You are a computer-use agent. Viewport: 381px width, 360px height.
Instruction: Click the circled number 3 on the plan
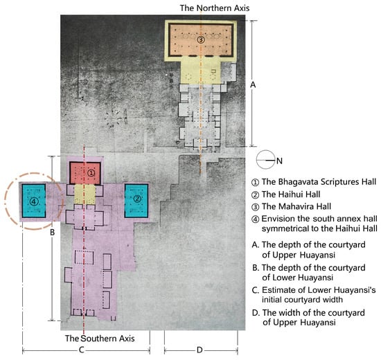click(201, 39)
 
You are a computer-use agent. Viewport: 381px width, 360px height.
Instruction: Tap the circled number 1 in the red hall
click(91, 173)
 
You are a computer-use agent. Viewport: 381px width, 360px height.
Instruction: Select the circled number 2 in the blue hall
click(137, 199)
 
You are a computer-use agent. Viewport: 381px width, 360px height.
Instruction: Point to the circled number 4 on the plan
click(34, 201)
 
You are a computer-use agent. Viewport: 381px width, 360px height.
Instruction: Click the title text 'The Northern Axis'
click(215, 8)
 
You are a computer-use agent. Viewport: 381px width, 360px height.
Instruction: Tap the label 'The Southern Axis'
click(100, 339)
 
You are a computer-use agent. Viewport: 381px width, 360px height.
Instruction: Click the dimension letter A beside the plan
click(253, 84)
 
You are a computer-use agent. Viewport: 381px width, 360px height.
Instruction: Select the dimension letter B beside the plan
click(52, 233)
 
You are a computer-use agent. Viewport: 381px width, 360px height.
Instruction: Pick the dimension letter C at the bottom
click(82, 350)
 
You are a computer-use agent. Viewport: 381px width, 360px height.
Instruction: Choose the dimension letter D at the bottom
click(200, 350)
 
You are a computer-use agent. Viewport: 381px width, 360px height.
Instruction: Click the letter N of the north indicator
click(279, 161)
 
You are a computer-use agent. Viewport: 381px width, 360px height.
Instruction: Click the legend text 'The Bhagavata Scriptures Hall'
click(319, 181)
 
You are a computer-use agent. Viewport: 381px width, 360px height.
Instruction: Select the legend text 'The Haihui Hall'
click(291, 195)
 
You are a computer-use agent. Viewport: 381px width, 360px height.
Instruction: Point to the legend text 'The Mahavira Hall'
click(296, 206)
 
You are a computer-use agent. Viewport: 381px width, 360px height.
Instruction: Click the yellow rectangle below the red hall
click(85, 195)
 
